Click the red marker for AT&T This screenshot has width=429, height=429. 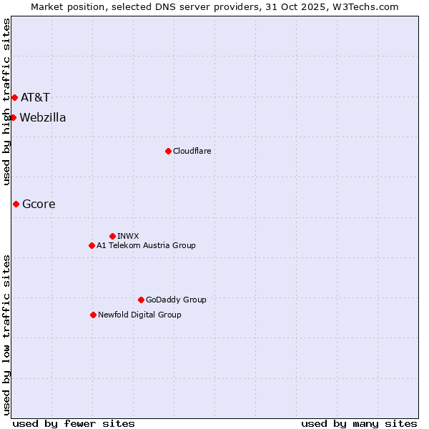(x=14, y=97)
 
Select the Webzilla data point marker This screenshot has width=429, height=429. (x=13, y=117)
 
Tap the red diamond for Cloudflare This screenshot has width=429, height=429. (x=168, y=151)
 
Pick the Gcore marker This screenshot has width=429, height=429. (x=16, y=204)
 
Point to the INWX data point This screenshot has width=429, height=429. (x=112, y=236)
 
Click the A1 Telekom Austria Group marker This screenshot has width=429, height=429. (x=92, y=245)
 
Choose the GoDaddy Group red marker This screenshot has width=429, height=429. (x=141, y=300)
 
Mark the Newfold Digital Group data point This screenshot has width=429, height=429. (x=93, y=315)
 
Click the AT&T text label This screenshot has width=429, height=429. (x=35, y=97)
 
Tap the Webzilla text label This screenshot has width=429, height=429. (x=43, y=117)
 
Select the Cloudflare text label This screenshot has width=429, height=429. (x=192, y=151)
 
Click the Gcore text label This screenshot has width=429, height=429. (x=39, y=204)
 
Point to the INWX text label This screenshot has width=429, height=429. (x=128, y=236)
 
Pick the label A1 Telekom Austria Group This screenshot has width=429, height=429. (x=146, y=245)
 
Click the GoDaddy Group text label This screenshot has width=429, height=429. (x=176, y=300)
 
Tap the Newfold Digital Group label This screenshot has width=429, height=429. (x=139, y=315)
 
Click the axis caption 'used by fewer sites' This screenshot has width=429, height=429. (x=74, y=423)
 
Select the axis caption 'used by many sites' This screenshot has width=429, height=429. (x=359, y=423)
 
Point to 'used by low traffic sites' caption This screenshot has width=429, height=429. (x=7, y=335)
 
